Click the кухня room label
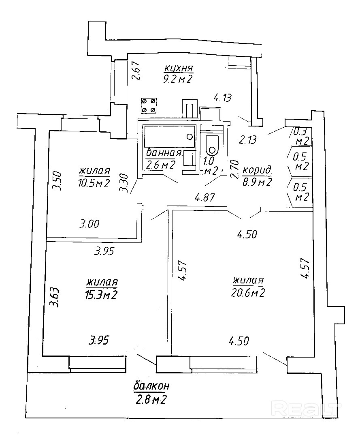click(179, 68)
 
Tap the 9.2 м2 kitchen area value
click(178, 80)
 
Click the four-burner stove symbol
click(149, 105)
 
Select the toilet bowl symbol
click(212, 145)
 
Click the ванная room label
click(164, 153)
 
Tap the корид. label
click(257, 170)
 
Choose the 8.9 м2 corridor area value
click(257, 182)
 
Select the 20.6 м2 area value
click(248, 293)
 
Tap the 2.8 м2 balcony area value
click(151, 400)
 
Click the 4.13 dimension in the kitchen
click(222, 98)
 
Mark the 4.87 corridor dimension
click(205, 198)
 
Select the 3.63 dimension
click(55, 298)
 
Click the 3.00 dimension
click(89, 224)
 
